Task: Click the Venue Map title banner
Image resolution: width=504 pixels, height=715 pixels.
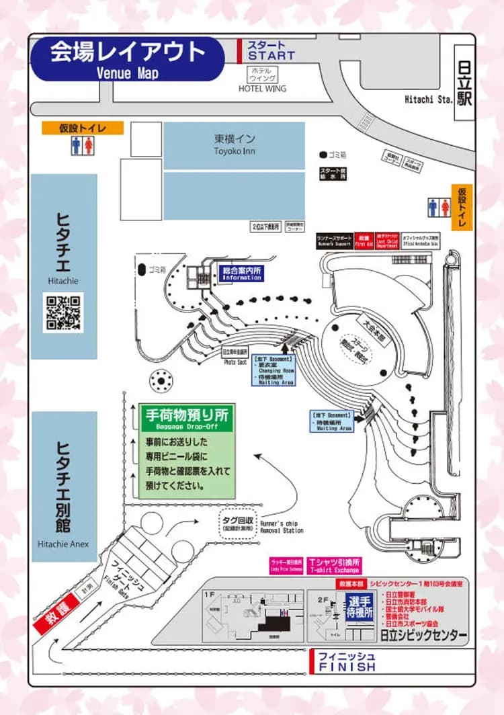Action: [127, 58]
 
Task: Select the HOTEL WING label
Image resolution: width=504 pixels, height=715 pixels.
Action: [262, 88]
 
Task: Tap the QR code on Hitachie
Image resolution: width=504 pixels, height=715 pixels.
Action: [63, 312]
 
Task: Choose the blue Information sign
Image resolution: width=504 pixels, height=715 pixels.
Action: [242, 274]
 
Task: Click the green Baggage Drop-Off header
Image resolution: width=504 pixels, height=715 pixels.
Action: [186, 418]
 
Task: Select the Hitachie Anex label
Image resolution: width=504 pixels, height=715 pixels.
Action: [64, 544]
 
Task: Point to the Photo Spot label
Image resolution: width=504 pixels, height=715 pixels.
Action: [235, 362]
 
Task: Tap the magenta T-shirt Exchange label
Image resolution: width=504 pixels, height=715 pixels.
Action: [334, 565]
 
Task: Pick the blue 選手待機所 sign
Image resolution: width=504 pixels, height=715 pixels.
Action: [359, 607]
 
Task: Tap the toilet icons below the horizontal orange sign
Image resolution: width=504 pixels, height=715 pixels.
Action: [83, 146]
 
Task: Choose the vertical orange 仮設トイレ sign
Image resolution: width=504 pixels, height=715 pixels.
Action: [462, 208]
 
